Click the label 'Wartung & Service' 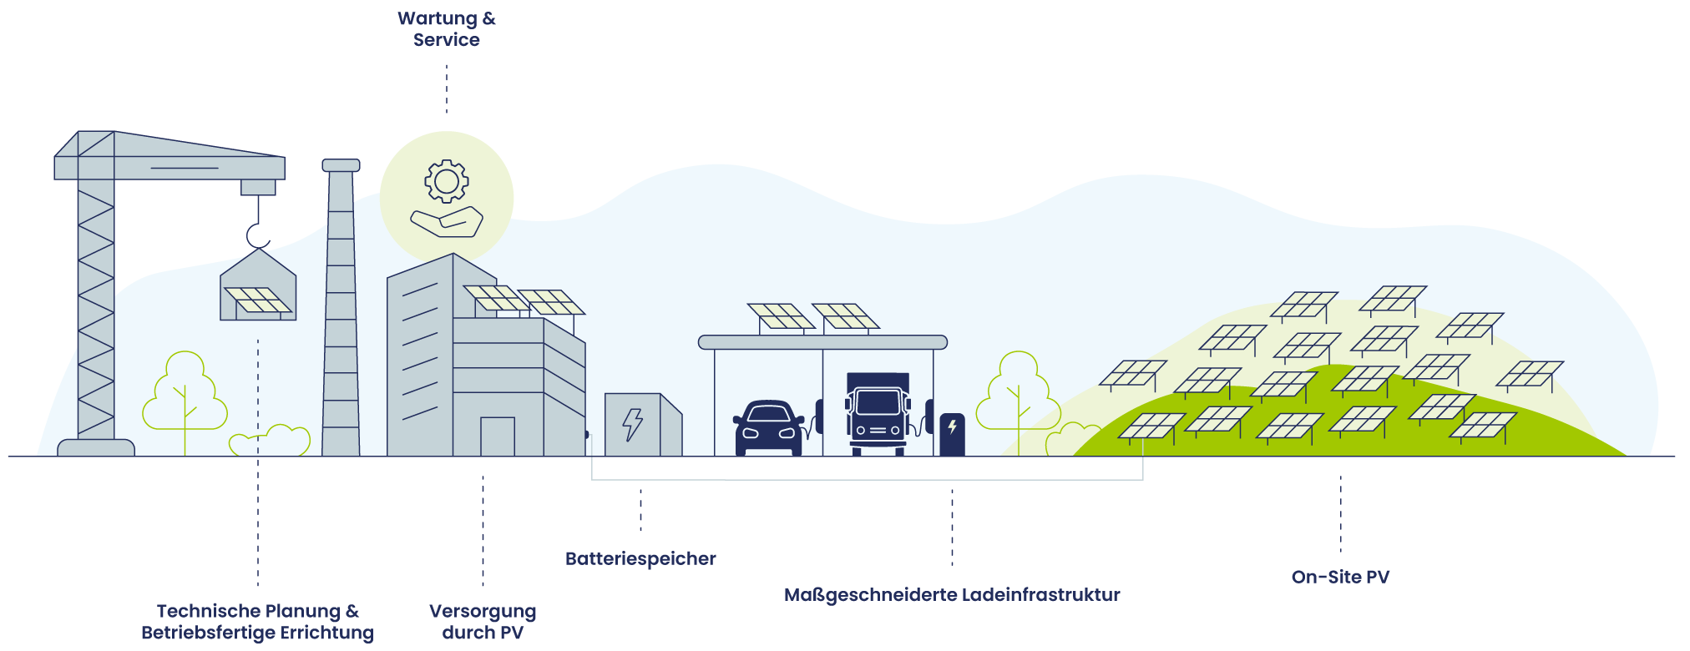click(x=446, y=29)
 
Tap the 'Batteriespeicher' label click(x=640, y=558)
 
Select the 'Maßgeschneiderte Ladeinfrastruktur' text click(x=952, y=595)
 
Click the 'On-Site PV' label click(x=1340, y=577)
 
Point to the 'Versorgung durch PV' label click(x=483, y=622)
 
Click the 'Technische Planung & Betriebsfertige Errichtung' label click(x=257, y=622)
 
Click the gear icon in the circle click(x=447, y=181)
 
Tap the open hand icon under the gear click(x=447, y=222)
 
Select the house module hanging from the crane click(x=258, y=288)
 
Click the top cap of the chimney click(x=341, y=165)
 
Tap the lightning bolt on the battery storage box click(x=633, y=424)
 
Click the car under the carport click(x=768, y=428)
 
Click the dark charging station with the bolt click(x=952, y=434)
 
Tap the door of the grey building click(x=497, y=436)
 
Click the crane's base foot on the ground click(x=96, y=447)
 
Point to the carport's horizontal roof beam click(x=822, y=342)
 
